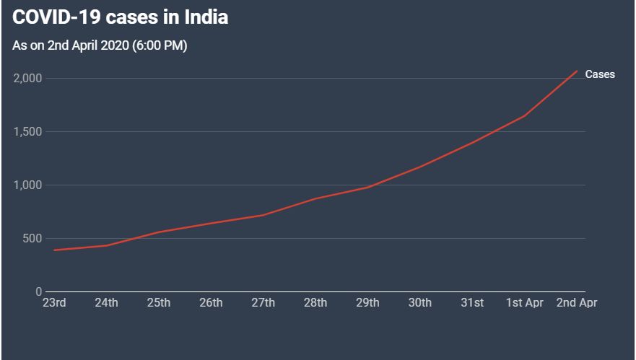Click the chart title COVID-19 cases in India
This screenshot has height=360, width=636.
tap(121, 18)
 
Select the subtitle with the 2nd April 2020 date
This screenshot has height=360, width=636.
tap(100, 45)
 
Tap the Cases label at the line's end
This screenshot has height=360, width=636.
tap(600, 74)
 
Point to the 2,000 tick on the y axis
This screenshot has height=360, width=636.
tap(27, 78)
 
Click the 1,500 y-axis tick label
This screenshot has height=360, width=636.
tap(27, 132)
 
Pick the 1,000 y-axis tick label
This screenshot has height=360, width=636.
tap(27, 185)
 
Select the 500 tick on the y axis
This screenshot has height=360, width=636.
tap(32, 239)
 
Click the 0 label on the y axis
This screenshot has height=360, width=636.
tap(38, 292)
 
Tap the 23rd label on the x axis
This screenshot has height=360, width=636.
tap(54, 303)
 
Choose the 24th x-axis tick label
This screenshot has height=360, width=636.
tap(106, 303)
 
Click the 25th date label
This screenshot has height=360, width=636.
tap(159, 303)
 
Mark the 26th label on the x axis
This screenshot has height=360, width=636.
tap(211, 303)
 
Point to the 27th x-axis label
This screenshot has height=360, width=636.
tap(263, 303)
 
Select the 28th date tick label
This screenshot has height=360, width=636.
tap(315, 303)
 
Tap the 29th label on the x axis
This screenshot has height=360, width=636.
tap(367, 303)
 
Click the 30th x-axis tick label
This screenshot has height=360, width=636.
tap(420, 303)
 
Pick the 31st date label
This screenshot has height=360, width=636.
tap(472, 303)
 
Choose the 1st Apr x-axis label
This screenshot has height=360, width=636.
tap(524, 303)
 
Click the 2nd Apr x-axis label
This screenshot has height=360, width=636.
tap(577, 303)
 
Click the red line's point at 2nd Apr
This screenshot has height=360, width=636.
tap(577, 71)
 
